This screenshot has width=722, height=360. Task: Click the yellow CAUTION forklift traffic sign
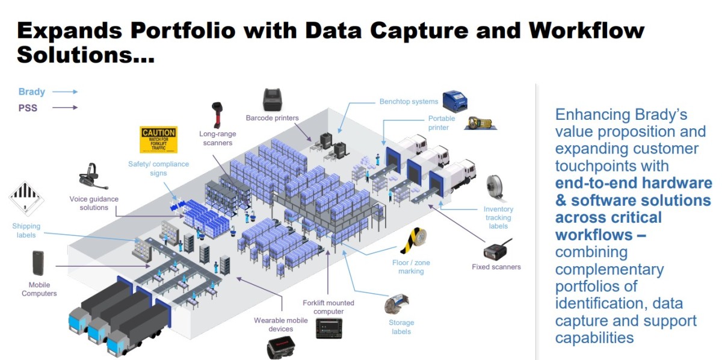(x=159, y=139)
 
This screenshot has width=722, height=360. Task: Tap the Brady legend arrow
(x=65, y=92)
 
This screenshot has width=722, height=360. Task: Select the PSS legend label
(x=28, y=108)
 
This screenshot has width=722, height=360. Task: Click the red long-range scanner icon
(x=217, y=115)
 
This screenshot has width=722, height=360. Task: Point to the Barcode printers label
(x=272, y=118)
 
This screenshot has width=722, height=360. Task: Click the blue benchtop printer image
(x=455, y=101)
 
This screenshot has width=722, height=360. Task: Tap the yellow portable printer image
(x=480, y=123)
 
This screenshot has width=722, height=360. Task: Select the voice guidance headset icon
(x=93, y=176)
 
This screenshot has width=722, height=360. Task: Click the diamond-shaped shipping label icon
(x=26, y=199)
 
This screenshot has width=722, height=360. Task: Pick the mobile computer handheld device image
(x=38, y=263)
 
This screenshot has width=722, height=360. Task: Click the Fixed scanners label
(x=496, y=267)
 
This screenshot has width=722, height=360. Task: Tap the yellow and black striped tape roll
(x=414, y=240)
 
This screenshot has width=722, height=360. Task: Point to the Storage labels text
(x=401, y=327)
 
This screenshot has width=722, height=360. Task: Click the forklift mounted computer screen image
(x=329, y=328)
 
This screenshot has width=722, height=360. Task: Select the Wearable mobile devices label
(x=281, y=324)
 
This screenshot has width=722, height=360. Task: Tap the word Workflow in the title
(x=587, y=31)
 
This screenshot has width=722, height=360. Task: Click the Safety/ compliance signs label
(x=159, y=169)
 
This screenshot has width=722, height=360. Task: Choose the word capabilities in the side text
(x=594, y=338)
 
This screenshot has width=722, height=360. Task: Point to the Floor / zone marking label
(x=411, y=267)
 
